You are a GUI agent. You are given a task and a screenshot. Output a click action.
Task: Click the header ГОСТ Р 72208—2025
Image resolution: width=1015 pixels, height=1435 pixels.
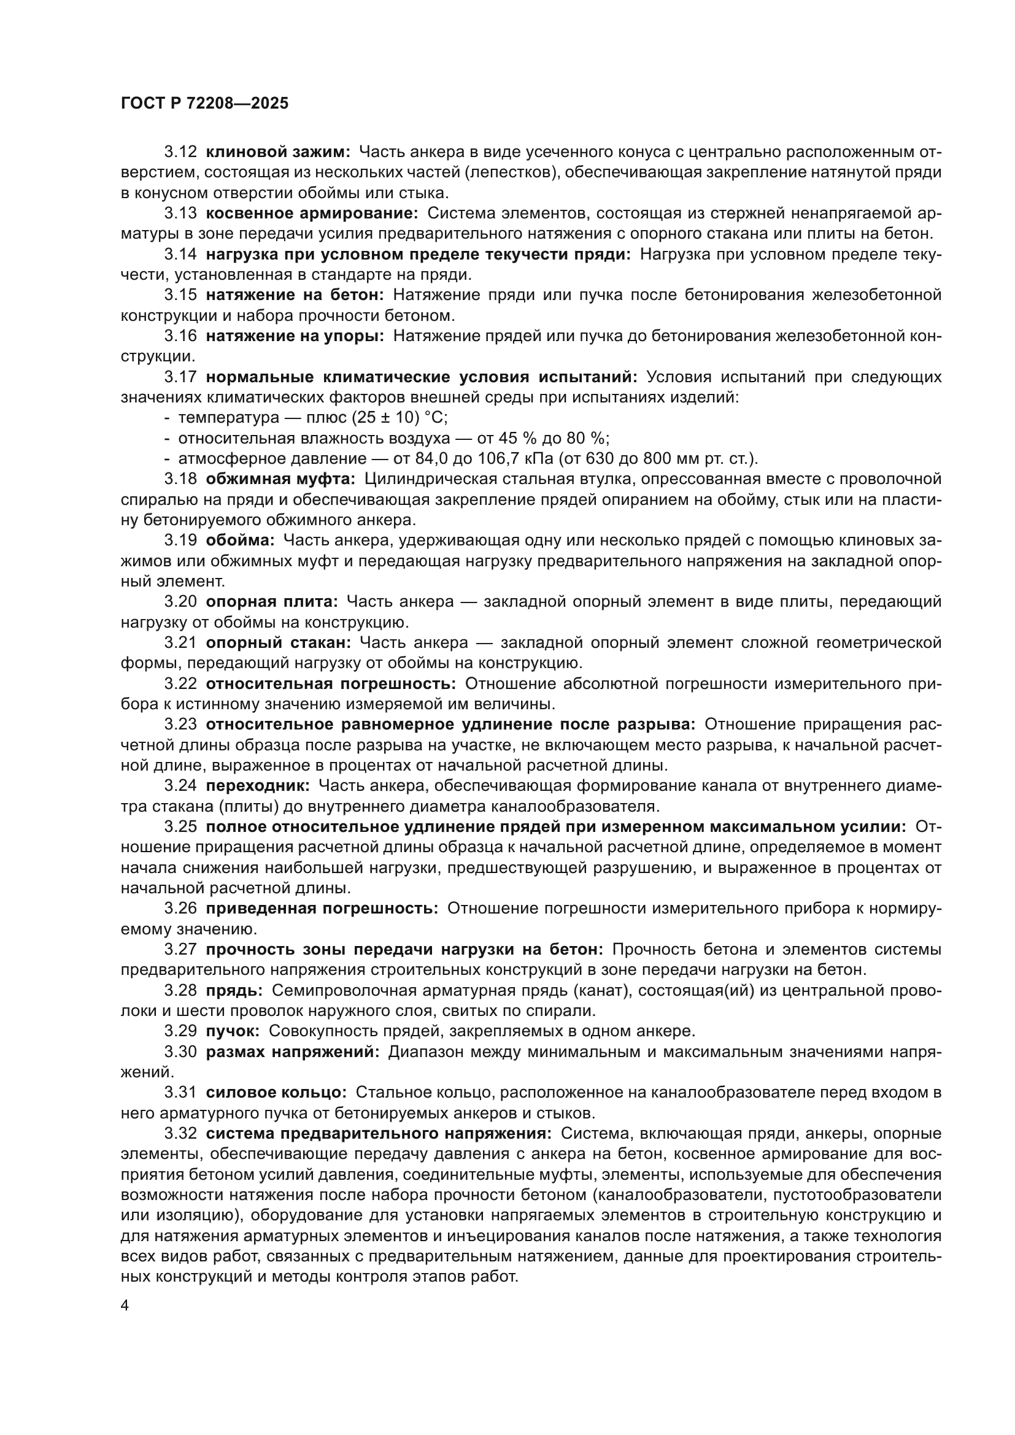click(x=204, y=103)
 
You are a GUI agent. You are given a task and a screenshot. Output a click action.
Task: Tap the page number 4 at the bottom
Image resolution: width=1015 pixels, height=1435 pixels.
click(x=125, y=1306)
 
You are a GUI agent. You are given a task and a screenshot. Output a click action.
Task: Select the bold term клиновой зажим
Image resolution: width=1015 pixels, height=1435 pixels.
click(x=278, y=152)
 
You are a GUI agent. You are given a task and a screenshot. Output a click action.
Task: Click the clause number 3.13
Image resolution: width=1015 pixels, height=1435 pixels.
click(x=180, y=213)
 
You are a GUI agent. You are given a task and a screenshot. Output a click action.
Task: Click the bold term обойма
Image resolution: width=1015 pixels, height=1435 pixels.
click(x=240, y=540)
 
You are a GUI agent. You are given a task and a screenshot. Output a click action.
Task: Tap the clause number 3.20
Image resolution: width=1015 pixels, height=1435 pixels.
click(x=180, y=601)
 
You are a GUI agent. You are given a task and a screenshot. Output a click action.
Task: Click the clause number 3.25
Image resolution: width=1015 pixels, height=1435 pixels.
click(x=180, y=827)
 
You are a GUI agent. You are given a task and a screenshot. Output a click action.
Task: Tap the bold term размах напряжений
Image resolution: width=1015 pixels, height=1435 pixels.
click(x=293, y=1052)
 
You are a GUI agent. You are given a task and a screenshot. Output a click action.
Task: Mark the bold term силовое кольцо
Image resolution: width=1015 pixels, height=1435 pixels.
click(x=276, y=1093)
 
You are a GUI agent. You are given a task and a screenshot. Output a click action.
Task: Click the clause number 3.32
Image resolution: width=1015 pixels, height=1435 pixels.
click(x=180, y=1134)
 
